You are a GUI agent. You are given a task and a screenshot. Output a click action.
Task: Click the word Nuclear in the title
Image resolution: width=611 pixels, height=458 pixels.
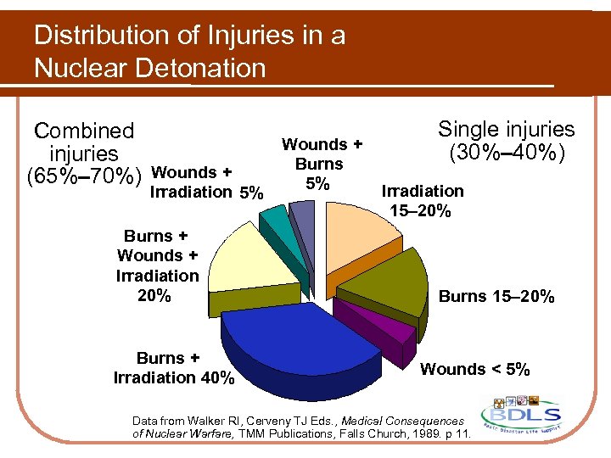click(81, 67)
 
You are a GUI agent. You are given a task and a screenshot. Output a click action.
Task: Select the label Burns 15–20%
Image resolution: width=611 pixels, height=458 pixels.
click(496, 296)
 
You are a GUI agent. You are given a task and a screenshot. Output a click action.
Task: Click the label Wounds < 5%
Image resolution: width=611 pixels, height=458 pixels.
click(475, 369)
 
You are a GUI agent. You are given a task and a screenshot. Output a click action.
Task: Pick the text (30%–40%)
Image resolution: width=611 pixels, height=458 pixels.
click(507, 154)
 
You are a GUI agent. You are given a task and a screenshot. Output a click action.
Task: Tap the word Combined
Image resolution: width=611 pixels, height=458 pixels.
click(84, 131)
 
